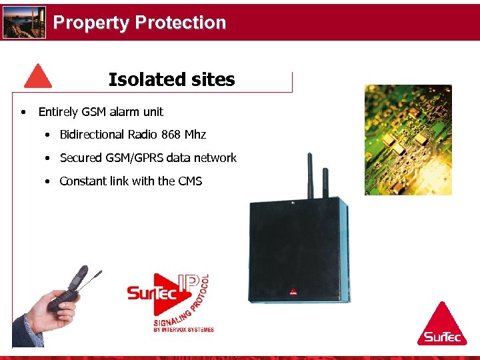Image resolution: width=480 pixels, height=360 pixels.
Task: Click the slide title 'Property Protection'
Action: tap(139, 23)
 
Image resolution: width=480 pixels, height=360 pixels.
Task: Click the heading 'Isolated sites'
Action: tap(171, 80)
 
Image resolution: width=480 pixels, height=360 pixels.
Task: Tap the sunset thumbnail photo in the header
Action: tap(24, 23)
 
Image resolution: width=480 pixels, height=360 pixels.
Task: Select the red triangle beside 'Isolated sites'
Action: tap(37, 77)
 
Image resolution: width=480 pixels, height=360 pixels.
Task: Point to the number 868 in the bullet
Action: tap(171, 135)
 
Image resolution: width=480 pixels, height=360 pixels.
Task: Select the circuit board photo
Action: tap(408, 139)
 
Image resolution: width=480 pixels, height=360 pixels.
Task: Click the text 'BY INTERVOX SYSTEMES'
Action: tap(183, 329)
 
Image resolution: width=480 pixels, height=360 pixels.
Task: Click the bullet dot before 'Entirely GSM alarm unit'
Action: tap(23, 112)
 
